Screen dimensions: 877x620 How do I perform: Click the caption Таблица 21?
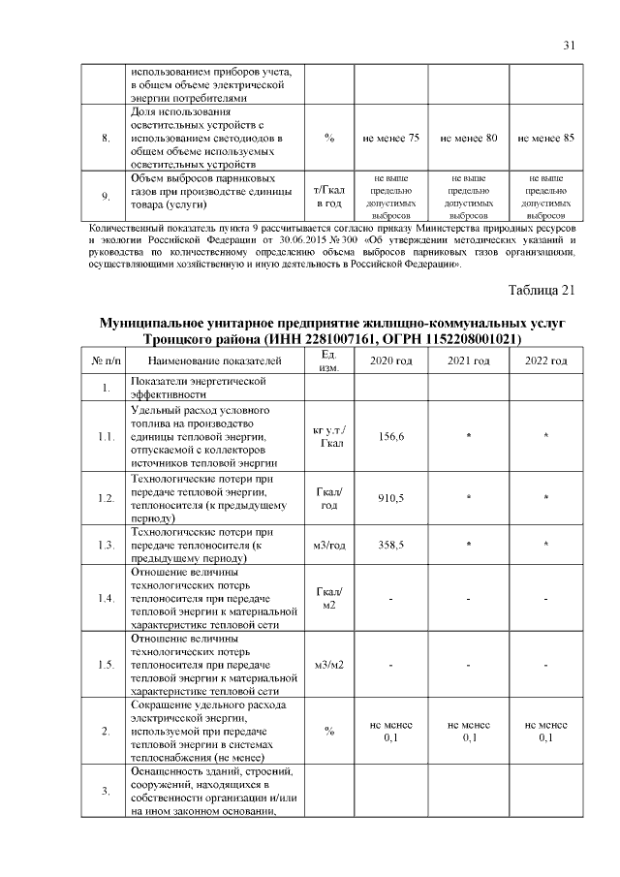point(542,290)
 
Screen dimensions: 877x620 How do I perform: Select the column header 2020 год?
point(390,360)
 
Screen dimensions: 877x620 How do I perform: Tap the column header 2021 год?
point(469,360)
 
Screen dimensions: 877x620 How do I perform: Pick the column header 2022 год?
point(546,360)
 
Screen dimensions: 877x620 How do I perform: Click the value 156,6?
point(390,437)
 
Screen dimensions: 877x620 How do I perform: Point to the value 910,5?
point(390,498)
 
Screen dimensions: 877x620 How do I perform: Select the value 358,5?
point(390,546)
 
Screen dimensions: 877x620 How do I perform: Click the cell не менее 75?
point(390,139)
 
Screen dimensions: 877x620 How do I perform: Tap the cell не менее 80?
point(469,139)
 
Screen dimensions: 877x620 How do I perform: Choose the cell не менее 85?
point(546,139)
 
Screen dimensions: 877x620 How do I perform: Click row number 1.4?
point(106,598)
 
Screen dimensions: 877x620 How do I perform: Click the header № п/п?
point(106,360)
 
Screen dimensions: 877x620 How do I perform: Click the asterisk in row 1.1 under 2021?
point(469,438)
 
